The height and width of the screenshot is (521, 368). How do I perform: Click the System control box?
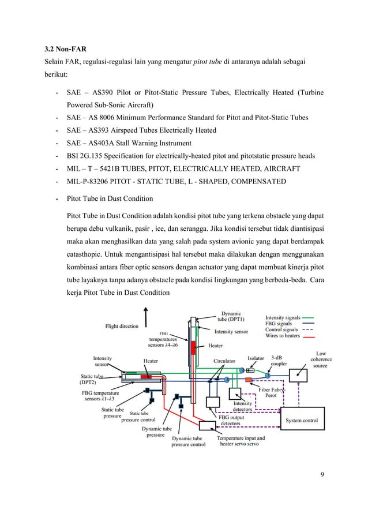(302, 421)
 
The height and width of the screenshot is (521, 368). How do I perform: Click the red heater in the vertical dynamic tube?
(201, 348)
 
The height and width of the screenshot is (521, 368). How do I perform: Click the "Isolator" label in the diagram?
(256, 358)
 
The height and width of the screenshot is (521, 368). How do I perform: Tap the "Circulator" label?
(224, 361)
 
